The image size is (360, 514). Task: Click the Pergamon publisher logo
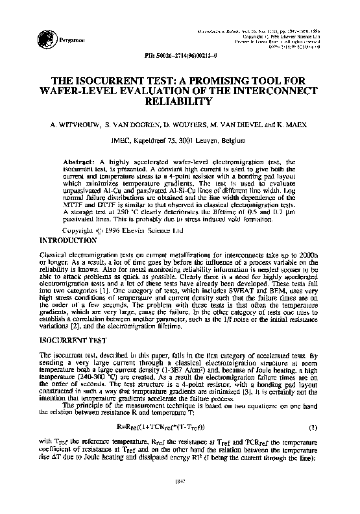[x=45, y=38]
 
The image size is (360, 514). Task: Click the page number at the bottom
[x=179, y=498]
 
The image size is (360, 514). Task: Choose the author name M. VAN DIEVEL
[x=240, y=122]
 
